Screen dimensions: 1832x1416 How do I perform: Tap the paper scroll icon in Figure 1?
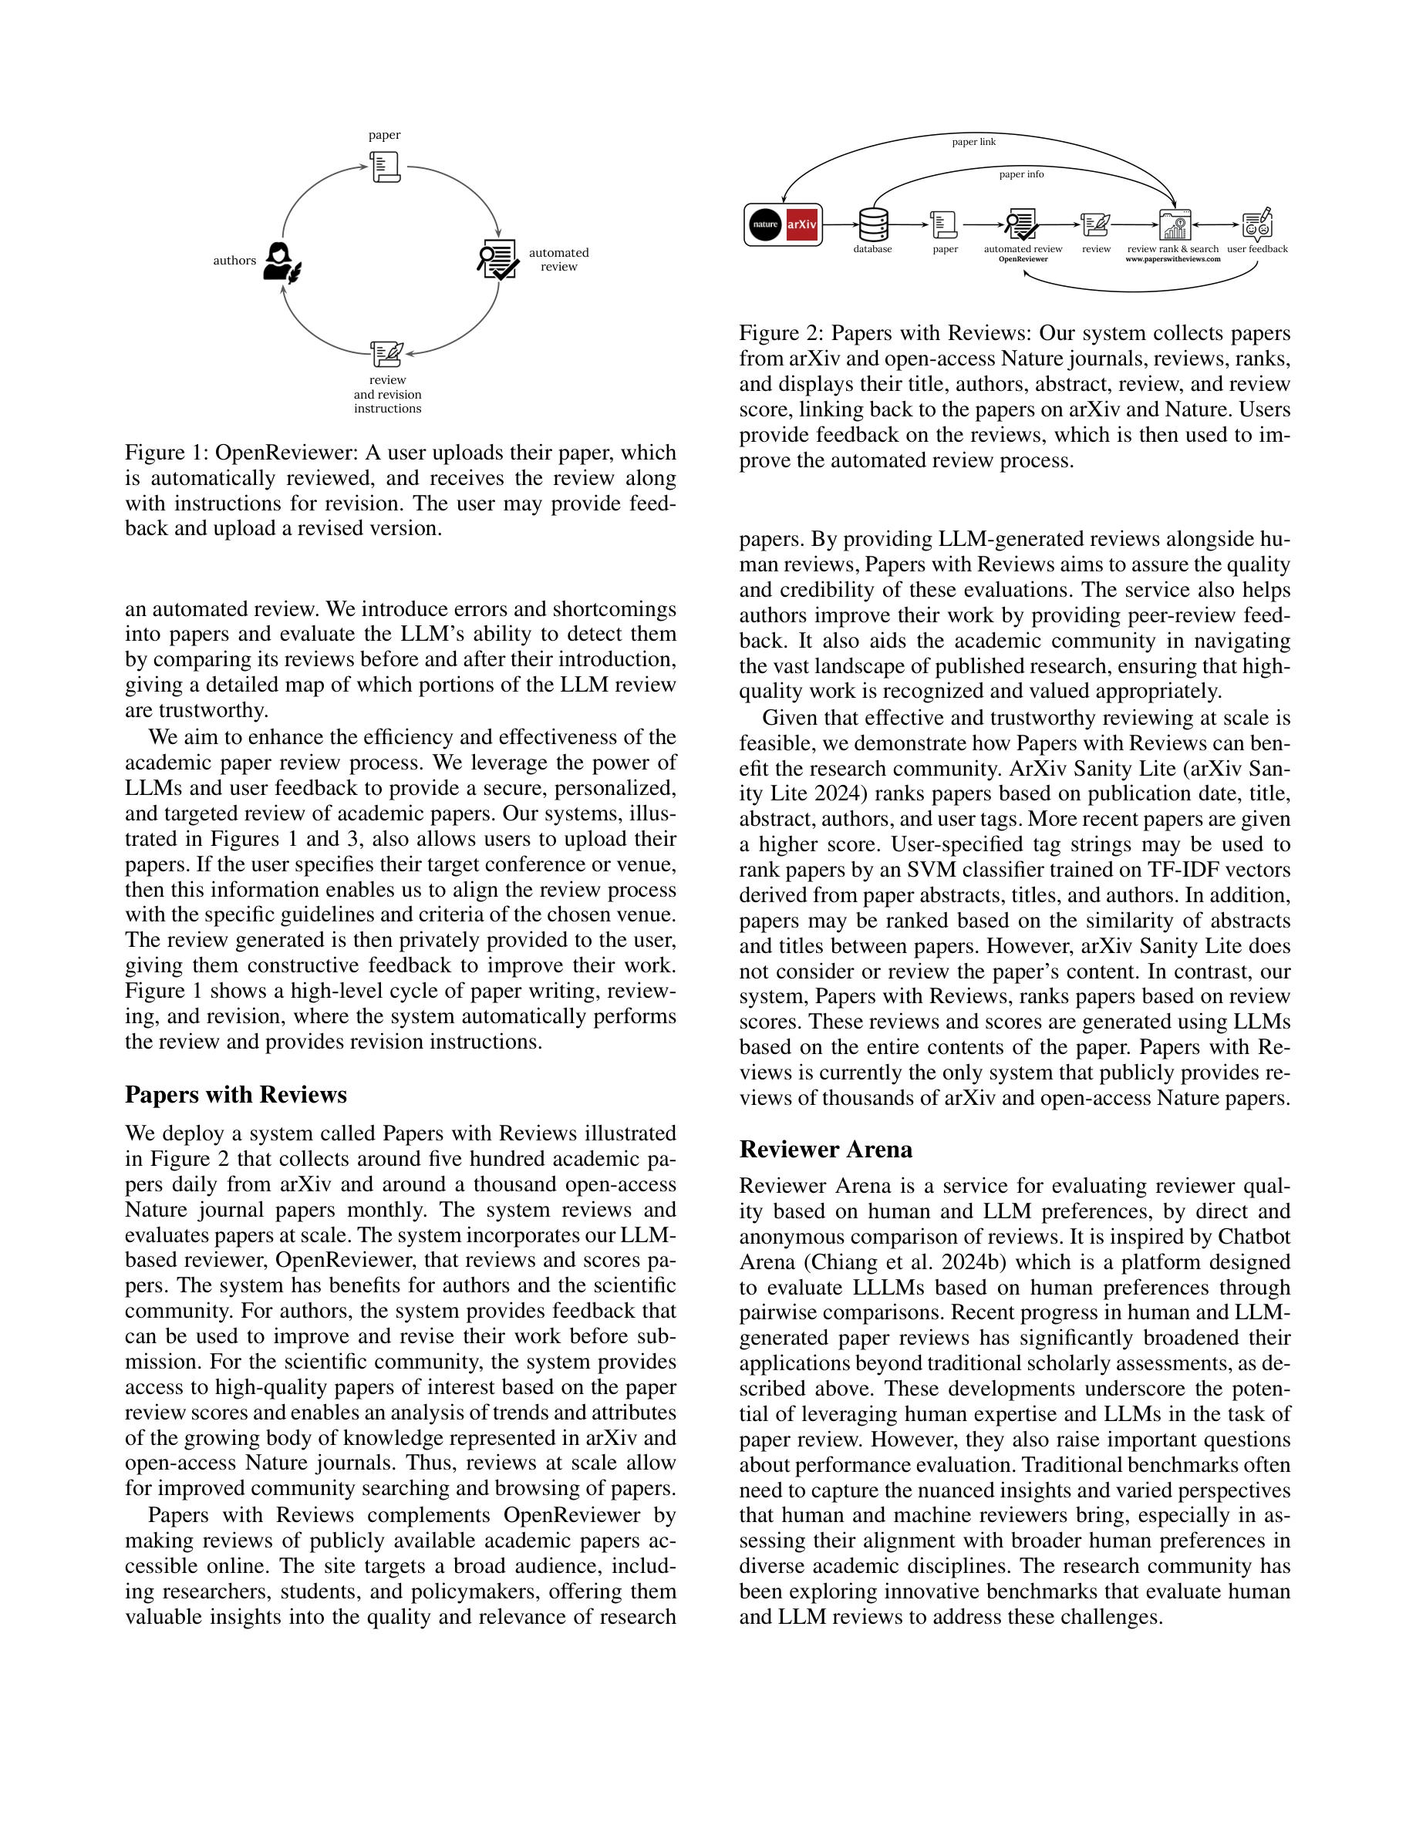pyautogui.click(x=385, y=167)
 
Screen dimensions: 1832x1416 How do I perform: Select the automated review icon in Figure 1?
pyautogui.click(x=497, y=259)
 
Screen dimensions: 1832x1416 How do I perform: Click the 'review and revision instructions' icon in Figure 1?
pyautogui.click(x=386, y=354)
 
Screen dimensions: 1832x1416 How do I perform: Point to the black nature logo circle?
pyautogui.click(x=764, y=225)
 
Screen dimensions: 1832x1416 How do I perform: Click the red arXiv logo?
pyautogui.click(x=802, y=225)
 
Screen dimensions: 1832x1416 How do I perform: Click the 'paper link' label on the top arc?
pyautogui.click(x=973, y=142)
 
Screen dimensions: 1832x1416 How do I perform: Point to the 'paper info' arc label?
pyautogui.click(x=1021, y=174)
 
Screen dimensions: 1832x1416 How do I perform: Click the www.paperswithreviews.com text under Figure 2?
pyautogui.click(x=1173, y=259)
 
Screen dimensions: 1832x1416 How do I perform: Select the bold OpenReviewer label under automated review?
pyautogui.click(x=1023, y=259)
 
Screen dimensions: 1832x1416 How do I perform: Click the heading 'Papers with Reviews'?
pyautogui.click(x=236, y=1095)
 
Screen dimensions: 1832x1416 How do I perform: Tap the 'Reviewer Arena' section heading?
pyautogui.click(x=825, y=1149)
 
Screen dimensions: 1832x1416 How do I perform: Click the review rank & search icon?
pyautogui.click(x=1175, y=225)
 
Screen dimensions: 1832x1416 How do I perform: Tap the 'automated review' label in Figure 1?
pyautogui.click(x=558, y=259)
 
